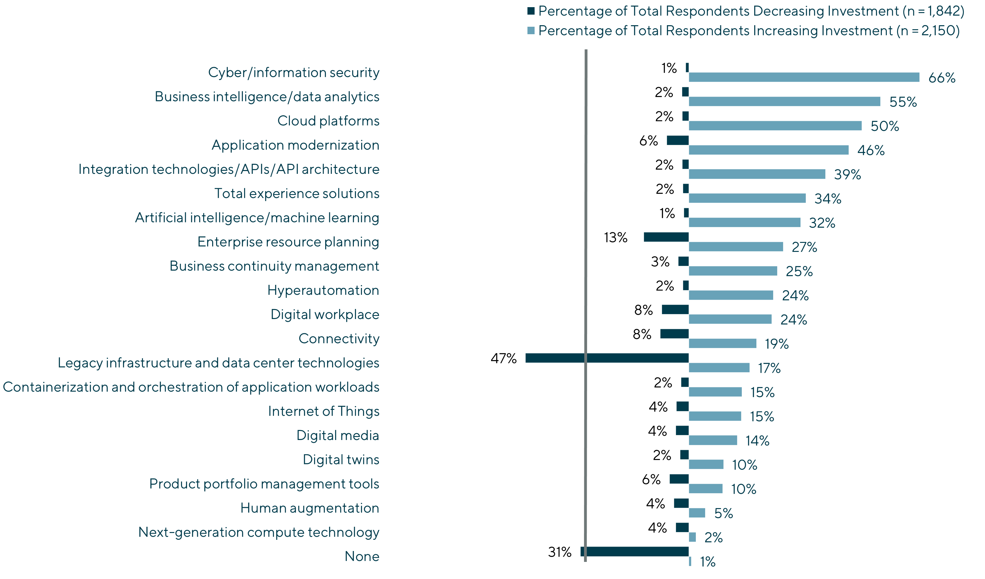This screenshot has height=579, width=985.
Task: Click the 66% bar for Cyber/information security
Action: (x=804, y=77)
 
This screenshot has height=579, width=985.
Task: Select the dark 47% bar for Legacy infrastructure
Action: (x=607, y=358)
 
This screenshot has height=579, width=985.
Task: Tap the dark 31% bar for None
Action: (x=635, y=552)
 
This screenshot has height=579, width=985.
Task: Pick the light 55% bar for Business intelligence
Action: (x=784, y=102)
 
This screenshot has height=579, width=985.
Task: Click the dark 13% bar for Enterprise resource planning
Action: (x=666, y=237)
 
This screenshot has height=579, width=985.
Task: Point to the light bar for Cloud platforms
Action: (x=775, y=126)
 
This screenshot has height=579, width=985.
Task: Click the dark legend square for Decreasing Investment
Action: (x=531, y=11)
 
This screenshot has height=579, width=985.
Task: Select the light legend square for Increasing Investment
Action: (x=531, y=30)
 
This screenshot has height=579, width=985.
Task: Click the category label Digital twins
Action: (x=341, y=460)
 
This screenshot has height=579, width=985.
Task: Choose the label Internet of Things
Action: (x=324, y=411)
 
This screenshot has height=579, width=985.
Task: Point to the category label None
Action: (x=362, y=556)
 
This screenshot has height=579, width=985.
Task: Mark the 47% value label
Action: (x=504, y=358)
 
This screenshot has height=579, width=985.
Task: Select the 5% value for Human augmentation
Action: (x=723, y=513)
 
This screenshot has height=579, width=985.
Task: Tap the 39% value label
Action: (x=847, y=174)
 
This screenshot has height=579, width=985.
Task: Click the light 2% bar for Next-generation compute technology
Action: (x=692, y=537)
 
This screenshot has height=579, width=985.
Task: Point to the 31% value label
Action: (x=559, y=552)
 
